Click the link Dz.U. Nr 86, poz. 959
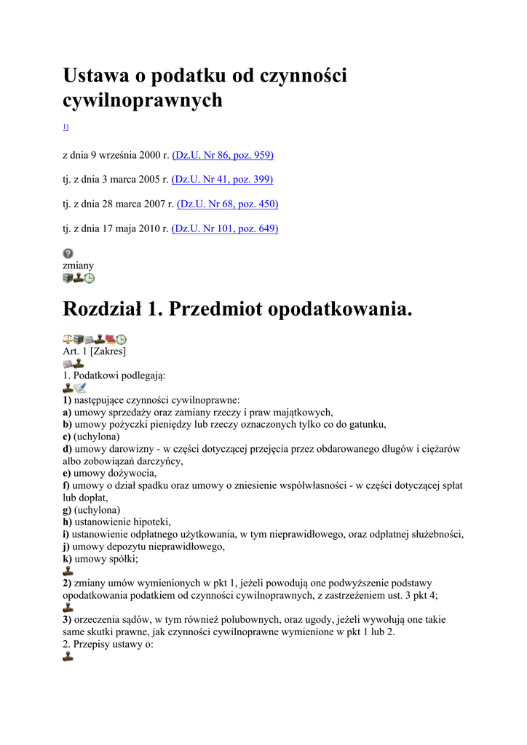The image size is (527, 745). (x=223, y=155)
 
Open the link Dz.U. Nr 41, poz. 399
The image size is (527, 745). (x=223, y=179)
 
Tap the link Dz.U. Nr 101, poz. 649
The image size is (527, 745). (x=225, y=228)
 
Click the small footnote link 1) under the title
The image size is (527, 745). (x=66, y=127)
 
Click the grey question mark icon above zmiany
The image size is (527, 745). (x=68, y=253)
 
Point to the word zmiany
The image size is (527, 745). (x=78, y=266)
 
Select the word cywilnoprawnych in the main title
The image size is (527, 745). (x=143, y=100)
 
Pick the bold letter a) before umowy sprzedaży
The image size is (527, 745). (x=66, y=412)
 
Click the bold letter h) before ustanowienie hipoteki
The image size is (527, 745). (x=67, y=522)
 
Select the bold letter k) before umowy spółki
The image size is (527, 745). (x=67, y=559)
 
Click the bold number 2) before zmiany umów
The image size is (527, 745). (x=67, y=583)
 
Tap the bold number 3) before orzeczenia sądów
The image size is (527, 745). (x=67, y=620)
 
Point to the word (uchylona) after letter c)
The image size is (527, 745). (x=97, y=437)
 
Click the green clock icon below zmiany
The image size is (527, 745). (x=90, y=278)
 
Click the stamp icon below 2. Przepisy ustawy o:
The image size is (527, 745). (x=68, y=656)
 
